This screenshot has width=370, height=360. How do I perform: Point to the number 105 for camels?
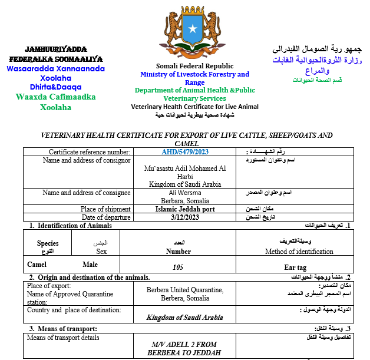tap(179, 267)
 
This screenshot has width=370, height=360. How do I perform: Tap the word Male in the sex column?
tap(90, 265)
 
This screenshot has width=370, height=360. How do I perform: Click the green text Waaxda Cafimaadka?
tap(55, 97)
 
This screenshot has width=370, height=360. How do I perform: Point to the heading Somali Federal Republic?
tap(194, 66)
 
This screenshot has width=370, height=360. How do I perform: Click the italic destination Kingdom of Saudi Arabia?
tap(185, 317)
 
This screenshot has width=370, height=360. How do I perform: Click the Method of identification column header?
tap(299, 252)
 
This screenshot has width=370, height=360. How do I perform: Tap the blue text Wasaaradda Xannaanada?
tap(55, 69)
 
